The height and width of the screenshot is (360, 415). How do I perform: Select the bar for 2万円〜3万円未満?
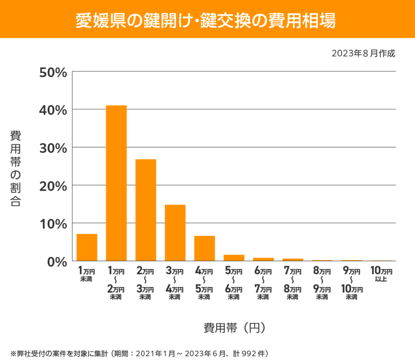[146, 210]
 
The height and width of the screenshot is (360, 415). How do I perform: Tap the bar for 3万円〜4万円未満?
[175, 233]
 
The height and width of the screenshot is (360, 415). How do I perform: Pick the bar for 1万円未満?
[87, 247]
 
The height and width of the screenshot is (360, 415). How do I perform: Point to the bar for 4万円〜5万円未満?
[205, 248]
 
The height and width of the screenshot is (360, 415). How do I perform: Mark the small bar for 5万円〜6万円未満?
[234, 258]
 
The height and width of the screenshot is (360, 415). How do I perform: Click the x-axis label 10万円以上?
[381, 273]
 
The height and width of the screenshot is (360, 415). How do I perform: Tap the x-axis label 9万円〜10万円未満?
[352, 284]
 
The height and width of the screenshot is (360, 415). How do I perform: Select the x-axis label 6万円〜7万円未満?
[264, 284]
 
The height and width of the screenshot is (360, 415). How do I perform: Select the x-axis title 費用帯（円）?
[235, 328]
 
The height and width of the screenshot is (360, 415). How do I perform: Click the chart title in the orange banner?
[207, 20]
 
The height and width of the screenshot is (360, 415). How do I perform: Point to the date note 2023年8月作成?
[363, 53]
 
